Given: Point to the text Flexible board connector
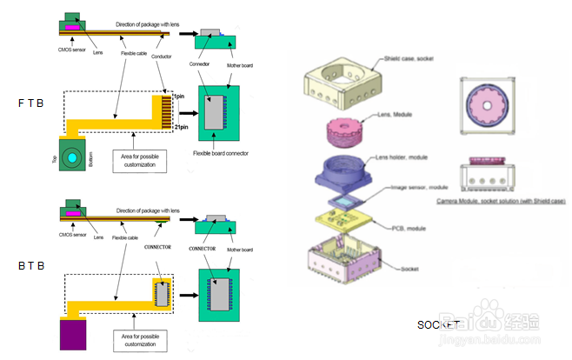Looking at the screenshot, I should (220, 153).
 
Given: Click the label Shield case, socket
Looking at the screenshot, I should (409, 58).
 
